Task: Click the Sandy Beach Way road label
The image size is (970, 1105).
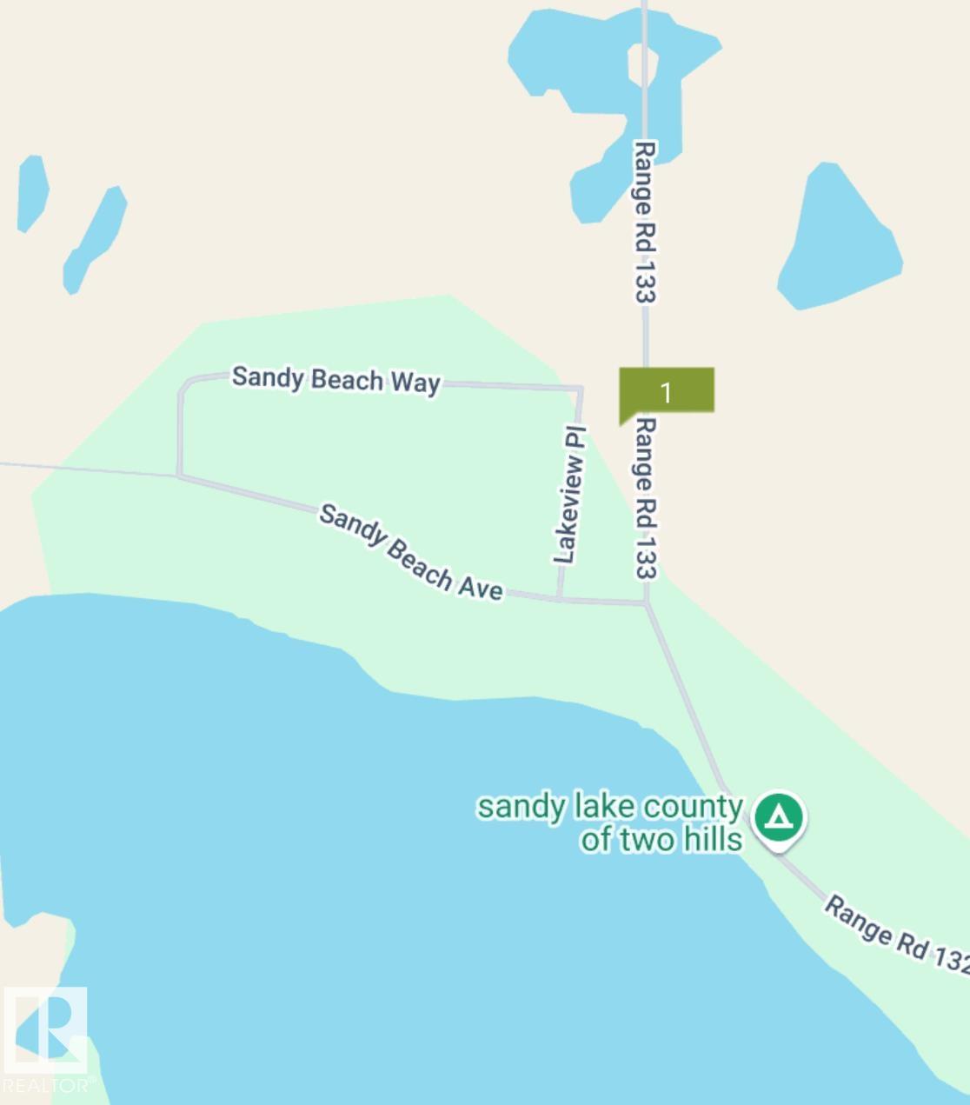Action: coord(336,380)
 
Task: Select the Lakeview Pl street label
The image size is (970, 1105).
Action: coord(569,495)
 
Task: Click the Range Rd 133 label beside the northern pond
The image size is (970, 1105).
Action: coord(643,222)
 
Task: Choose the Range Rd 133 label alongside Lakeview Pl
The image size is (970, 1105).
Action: coord(645,497)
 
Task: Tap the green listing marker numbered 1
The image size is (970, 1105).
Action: coord(666,392)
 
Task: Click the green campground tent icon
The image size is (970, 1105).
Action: coord(780,817)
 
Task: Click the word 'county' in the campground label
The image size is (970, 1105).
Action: coord(693,807)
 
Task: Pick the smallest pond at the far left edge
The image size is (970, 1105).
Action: coord(32,193)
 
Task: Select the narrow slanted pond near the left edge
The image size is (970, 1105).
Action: coord(95,239)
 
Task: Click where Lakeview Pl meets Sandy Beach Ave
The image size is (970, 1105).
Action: coord(559,599)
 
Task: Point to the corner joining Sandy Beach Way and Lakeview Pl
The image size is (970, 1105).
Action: coord(580,388)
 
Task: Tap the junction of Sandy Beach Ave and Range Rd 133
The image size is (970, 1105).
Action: coord(646,602)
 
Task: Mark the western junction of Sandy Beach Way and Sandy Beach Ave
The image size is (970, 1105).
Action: coord(179,475)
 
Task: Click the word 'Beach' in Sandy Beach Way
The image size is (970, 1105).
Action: coord(347,380)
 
